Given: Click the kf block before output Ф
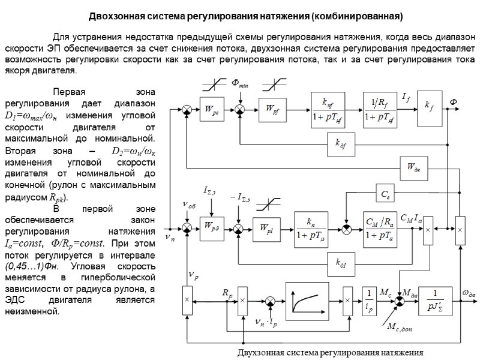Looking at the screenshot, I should click(x=430, y=109).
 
